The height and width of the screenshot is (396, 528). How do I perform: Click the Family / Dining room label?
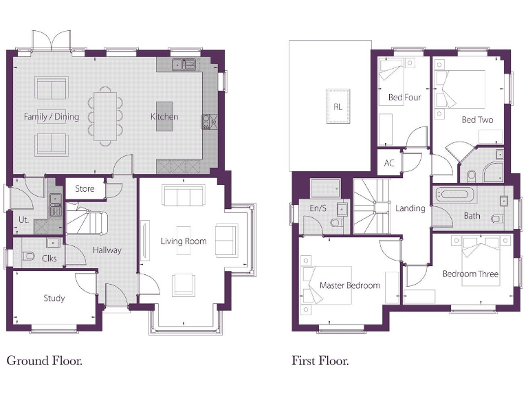point(52,117)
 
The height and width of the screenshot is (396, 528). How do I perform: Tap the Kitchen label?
point(164,117)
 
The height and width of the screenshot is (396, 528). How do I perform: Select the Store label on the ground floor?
point(85,188)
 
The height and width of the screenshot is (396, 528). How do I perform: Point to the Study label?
point(54,298)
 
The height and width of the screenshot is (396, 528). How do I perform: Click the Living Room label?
point(184,241)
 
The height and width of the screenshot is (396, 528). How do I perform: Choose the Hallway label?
point(107,250)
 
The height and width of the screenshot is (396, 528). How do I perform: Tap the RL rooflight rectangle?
point(338,106)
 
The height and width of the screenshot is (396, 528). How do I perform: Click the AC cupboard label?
point(389,164)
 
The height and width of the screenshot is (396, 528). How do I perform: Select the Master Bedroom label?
point(349,285)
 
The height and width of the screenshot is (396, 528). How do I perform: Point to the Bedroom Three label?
point(470,274)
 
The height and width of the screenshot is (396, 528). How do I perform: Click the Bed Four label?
point(404,98)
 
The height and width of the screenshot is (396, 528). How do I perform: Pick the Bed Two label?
point(477,120)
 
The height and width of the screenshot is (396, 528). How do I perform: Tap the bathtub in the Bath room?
point(454,195)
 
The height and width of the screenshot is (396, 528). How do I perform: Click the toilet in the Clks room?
point(29,257)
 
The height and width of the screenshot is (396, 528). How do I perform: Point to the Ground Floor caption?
point(45,360)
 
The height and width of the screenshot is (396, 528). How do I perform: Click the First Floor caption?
point(320,360)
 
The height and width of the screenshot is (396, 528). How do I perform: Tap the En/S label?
point(318,208)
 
